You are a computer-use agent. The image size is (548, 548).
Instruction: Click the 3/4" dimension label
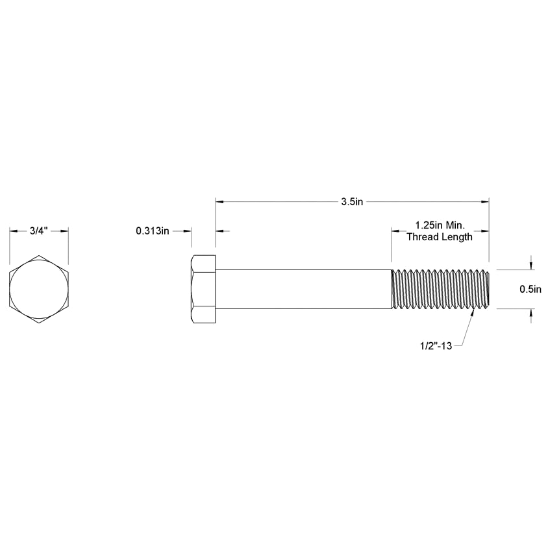pos(39,231)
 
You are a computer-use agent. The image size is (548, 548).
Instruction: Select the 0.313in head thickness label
pos(153,231)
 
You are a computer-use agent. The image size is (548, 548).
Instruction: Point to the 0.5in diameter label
pos(530,289)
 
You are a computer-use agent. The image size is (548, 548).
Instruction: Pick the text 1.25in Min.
pos(440,225)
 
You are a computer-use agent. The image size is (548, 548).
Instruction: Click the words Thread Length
pos(440,237)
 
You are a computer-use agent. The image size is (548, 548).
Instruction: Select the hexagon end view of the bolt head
pos(39,289)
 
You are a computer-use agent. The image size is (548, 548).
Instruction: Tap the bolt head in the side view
pos(203,289)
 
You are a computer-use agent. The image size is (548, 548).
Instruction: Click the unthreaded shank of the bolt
pos(303,289)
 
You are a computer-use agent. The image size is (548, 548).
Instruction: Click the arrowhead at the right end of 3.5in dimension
pos(485,202)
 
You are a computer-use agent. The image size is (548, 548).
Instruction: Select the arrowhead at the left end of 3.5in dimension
pos(219,202)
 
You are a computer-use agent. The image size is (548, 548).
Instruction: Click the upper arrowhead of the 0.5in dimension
pos(532,266)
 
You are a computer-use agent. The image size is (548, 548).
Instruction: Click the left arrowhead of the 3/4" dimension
pos(13,231)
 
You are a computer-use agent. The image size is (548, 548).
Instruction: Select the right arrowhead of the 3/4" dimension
pos(65,231)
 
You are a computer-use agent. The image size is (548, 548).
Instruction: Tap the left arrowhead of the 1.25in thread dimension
pos(395,231)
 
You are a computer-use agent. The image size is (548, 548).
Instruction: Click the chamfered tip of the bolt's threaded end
pos(487,289)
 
